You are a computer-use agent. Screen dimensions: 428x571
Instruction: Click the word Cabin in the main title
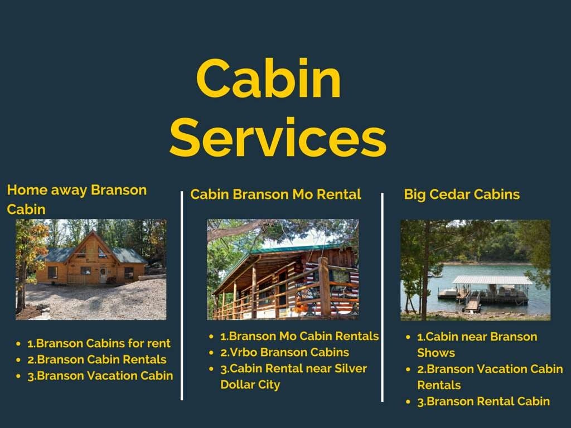tap(268, 80)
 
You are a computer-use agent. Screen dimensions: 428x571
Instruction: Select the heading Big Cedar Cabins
tap(461, 194)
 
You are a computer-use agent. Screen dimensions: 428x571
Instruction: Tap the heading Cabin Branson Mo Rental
tap(275, 194)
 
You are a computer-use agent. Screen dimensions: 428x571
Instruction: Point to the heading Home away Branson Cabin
tap(76, 199)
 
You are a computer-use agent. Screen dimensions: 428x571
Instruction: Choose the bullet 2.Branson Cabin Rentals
tap(96, 359)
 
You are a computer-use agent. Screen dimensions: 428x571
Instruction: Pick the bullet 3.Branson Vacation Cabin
tap(100, 376)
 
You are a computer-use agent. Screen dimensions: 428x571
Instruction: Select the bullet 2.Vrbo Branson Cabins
tap(284, 352)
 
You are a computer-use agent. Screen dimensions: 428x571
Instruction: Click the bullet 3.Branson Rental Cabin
tap(483, 401)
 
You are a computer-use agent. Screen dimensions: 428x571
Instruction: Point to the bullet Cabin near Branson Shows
tap(477, 344)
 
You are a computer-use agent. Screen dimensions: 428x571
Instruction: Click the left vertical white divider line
tap(182, 295)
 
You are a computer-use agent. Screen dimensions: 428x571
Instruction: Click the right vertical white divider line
tap(382, 295)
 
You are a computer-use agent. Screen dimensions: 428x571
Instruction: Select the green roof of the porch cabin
tap(301, 249)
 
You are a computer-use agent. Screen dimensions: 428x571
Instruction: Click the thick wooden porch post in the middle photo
tap(324, 286)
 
